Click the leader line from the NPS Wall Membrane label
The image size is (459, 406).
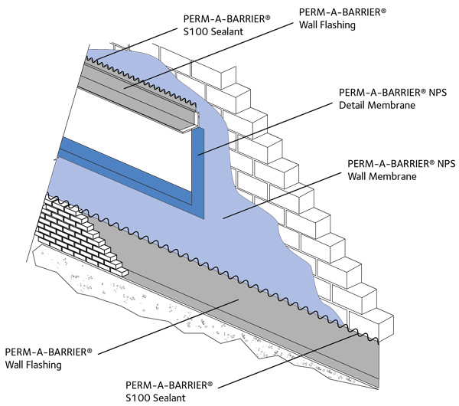tap(283, 192)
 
